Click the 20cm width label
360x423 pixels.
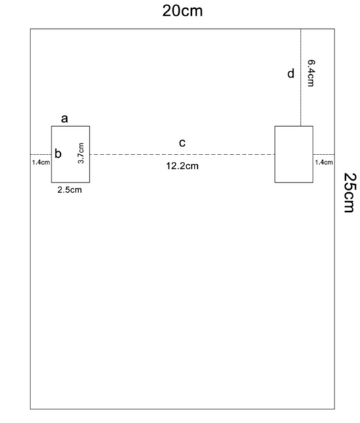click(x=182, y=11)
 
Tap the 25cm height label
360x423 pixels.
click(x=350, y=193)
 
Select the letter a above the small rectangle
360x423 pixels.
click(x=64, y=119)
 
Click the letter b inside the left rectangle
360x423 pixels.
click(x=58, y=153)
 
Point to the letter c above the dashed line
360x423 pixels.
click(x=182, y=143)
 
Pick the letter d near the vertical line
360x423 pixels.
click(x=290, y=74)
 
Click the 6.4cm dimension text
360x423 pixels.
click(x=311, y=73)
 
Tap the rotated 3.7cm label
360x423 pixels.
click(x=81, y=153)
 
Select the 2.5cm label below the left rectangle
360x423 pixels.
click(x=70, y=190)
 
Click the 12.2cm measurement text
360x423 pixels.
click(x=182, y=166)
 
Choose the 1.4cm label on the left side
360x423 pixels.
click(x=41, y=162)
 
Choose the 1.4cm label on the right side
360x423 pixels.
click(x=324, y=162)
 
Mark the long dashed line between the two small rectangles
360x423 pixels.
click(x=182, y=154)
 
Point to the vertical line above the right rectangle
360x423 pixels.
click(x=301, y=77)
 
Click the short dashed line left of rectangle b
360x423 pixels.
click(x=41, y=154)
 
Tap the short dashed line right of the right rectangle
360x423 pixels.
click(x=324, y=154)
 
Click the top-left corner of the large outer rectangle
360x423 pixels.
click(x=30, y=28)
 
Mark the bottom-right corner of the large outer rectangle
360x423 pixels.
click(x=334, y=410)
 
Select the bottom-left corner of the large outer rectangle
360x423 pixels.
click(x=30, y=410)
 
